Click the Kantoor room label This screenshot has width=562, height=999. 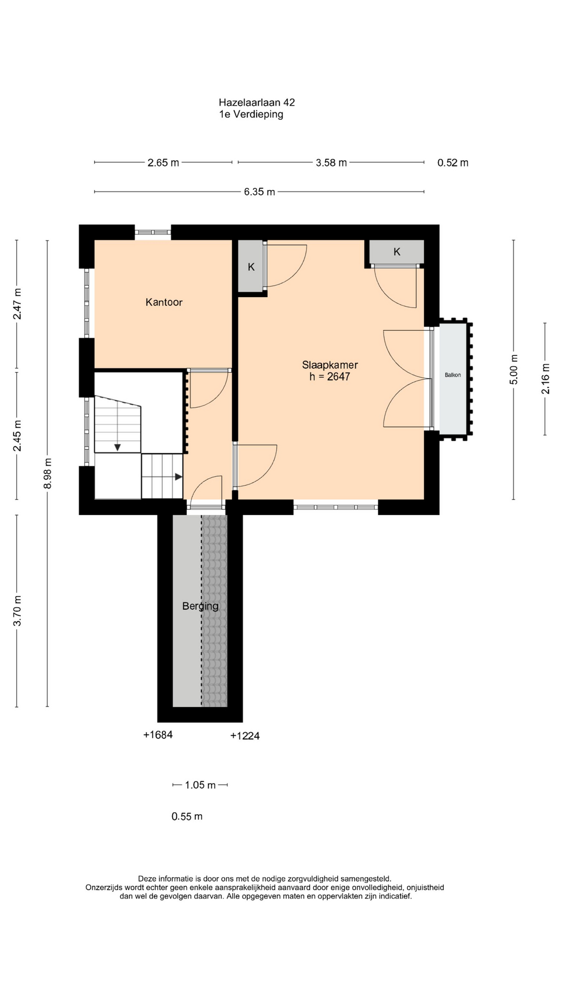click(164, 302)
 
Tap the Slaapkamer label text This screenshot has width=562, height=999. click(330, 365)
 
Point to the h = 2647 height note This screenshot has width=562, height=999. click(330, 377)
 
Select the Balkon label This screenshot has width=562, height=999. click(453, 375)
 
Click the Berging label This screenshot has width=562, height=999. click(200, 606)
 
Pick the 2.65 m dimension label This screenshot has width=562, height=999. click(163, 163)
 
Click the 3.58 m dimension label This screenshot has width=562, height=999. click(331, 163)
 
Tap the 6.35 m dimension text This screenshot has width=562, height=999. click(259, 192)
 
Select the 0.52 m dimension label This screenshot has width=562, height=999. click(453, 163)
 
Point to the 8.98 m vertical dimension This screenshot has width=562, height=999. click(47, 473)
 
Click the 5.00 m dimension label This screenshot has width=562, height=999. click(514, 369)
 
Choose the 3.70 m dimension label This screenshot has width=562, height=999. click(17, 611)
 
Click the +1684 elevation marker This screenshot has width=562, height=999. click(158, 735)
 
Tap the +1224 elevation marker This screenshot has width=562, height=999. click(245, 736)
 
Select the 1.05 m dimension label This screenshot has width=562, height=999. click(200, 785)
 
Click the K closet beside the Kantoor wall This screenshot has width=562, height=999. click(251, 267)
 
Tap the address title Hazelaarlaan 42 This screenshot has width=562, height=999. click(257, 103)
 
